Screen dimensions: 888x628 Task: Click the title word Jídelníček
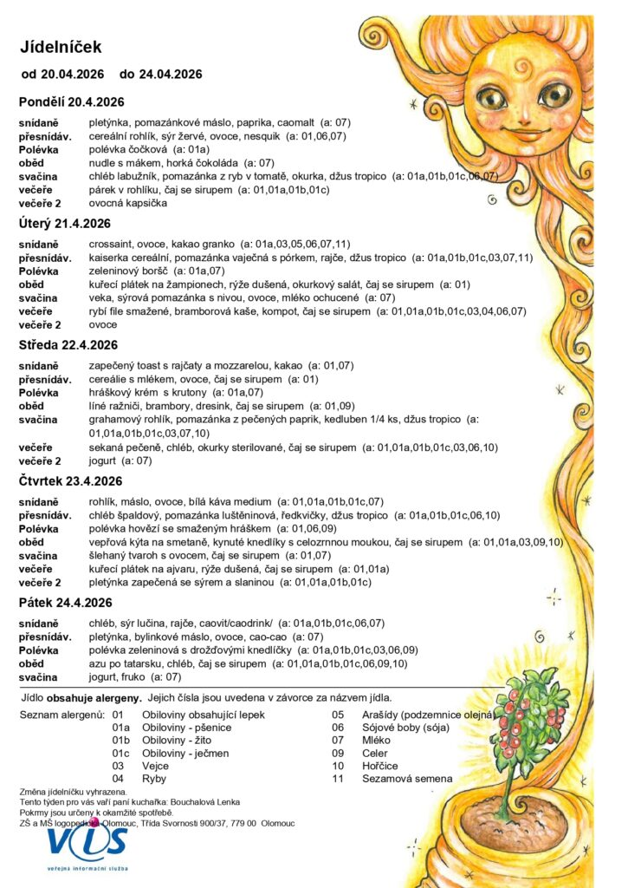point(61,47)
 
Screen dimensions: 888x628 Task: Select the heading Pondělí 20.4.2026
point(73,103)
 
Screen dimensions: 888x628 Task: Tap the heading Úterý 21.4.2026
point(66,225)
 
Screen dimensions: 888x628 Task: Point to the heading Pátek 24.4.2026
point(66,603)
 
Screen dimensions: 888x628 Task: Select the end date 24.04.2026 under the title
point(171,75)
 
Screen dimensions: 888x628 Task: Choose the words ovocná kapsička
point(128,203)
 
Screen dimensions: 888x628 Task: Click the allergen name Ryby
point(154,779)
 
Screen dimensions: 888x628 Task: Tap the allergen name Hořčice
point(382,766)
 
